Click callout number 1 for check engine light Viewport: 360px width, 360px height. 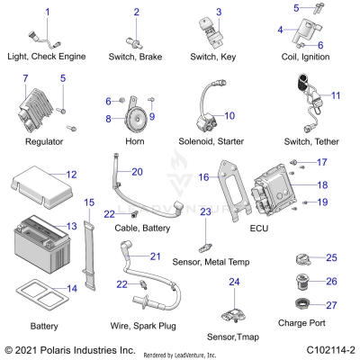(48, 11)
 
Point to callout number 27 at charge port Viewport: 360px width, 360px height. (331, 305)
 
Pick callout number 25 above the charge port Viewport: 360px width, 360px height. (331, 258)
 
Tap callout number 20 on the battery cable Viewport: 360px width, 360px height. (137, 171)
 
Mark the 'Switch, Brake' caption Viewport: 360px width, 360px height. (137, 56)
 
